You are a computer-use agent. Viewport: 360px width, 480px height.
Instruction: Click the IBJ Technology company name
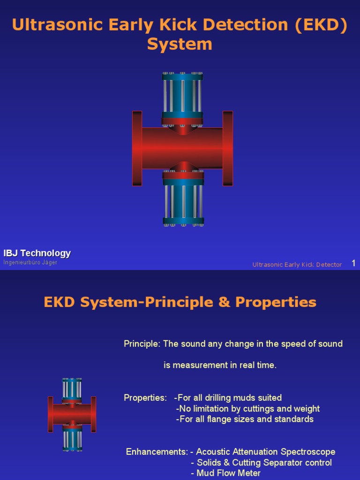(x=37, y=254)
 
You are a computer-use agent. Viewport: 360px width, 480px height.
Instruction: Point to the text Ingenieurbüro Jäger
(x=30, y=262)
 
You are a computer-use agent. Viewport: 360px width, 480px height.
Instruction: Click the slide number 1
(x=354, y=263)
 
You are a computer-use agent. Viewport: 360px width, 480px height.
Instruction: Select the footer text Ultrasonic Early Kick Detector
(x=297, y=265)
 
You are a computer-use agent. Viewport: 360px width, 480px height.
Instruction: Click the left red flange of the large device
(x=137, y=148)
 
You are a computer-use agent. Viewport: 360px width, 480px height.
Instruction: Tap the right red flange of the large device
(x=228, y=148)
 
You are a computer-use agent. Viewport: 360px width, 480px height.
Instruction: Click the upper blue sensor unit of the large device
(x=182, y=96)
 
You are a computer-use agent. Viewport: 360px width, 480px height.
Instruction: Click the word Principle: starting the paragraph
(x=142, y=344)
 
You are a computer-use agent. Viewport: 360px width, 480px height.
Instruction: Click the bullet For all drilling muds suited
(x=229, y=398)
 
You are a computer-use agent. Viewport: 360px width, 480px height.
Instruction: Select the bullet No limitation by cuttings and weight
(x=248, y=409)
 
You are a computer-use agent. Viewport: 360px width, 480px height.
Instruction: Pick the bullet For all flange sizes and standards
(x=246, y=419)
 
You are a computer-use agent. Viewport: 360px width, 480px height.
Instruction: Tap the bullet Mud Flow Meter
(x=228, y=473)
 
